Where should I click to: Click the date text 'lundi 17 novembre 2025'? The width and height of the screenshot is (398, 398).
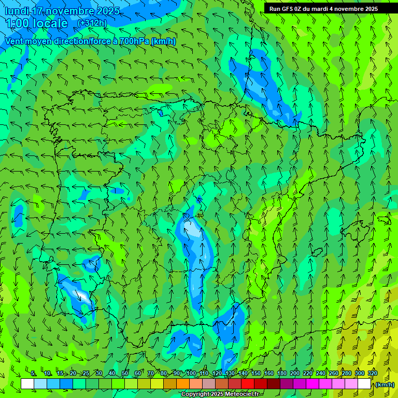click(x=62, y=11)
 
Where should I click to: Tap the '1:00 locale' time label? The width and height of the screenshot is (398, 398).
click(x=37, y=23)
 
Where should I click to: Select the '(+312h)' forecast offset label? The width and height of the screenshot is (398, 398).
click(x=92, y=23)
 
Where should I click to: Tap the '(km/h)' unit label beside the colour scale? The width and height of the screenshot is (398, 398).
click(x=384, y=385)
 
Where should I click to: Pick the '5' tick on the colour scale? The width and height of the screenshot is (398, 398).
click(x=33, y=374)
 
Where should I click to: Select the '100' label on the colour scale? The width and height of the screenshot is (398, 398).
click(x=191, y=374)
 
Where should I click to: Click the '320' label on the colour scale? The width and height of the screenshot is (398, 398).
click(x=373, y=374)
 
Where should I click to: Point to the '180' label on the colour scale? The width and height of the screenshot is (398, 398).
click(x=282, y=374)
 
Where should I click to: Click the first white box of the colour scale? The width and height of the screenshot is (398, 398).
click(x=27, y=384)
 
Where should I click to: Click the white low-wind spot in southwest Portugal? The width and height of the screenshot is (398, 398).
click(x=83, y=296)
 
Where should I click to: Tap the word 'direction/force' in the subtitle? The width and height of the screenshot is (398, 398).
click(x=85, y=41)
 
